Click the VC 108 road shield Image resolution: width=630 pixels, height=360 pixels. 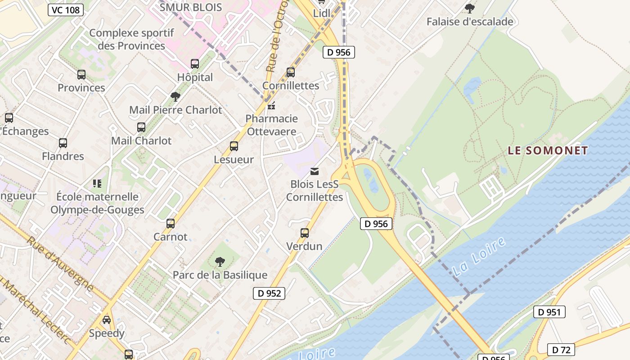(66, 10)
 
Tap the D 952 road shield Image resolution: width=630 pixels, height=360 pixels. (269, 293)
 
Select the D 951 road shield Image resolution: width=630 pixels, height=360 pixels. (549, 312)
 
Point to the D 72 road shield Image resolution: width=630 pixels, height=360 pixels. (561, 350)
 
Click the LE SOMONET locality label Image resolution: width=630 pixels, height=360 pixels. (548, 151)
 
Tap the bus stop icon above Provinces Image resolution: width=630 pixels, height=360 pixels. (81, 75)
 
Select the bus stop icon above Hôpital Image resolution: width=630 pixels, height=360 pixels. (195, 64)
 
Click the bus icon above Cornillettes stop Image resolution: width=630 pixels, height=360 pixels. (291, 72)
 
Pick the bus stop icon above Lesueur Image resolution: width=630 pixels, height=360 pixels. (234, 146)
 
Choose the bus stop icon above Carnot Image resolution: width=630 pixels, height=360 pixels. (171, 224)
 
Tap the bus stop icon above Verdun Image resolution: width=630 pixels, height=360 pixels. (305, 233)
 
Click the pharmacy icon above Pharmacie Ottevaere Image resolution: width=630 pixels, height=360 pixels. (271, 106)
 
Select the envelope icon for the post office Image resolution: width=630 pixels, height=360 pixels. (315, 171)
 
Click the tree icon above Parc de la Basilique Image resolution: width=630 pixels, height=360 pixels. (220, 261)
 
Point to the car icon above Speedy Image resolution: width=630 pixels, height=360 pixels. (107, 320)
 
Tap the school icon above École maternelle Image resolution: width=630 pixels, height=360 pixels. (97, 183)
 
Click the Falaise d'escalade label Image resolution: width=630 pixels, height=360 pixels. (470, 22)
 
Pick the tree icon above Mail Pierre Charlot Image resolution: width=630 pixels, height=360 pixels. (175, 97)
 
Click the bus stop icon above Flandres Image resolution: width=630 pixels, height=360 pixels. (63, 143)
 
